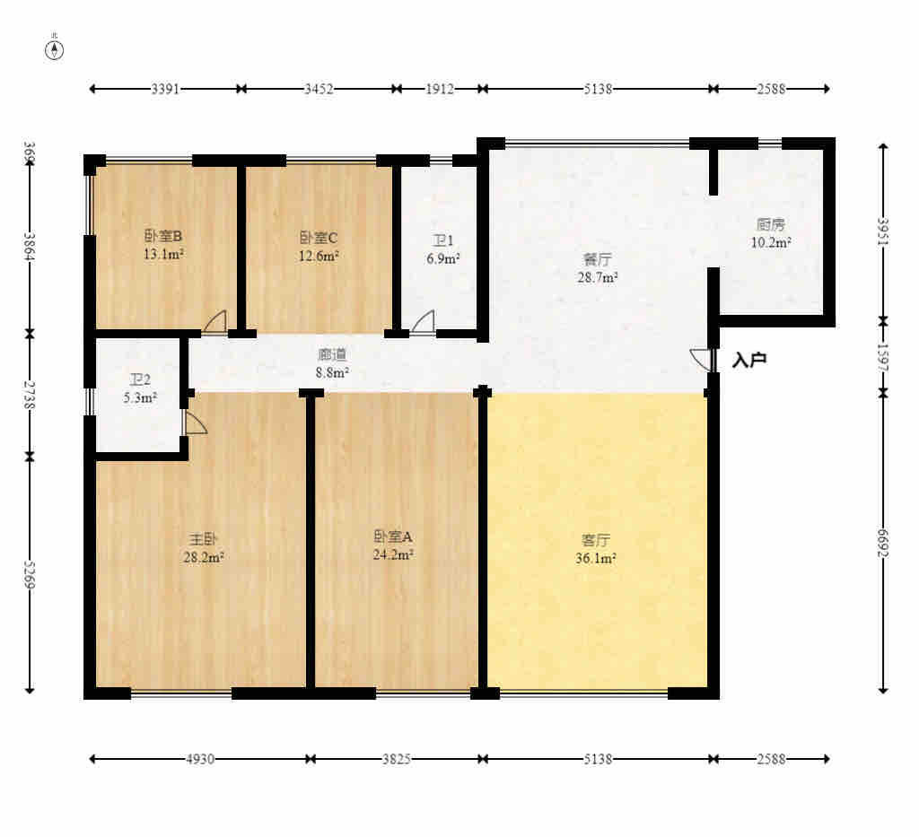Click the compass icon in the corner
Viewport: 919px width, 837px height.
tap(55, 49)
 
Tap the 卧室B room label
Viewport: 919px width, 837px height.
tap(163, 237)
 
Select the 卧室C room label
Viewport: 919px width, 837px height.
tap(319, 238)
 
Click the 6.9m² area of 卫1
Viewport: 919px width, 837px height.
tap(443, 258)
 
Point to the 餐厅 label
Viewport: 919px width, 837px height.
tap(598, 259)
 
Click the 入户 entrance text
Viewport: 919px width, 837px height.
tap(749, 361)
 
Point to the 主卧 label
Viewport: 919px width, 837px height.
tap(203, 538)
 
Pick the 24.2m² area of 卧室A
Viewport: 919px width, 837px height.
tap(393, 554)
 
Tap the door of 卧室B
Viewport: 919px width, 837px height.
tap(215, 322)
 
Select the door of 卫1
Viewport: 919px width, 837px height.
tap(423, 322)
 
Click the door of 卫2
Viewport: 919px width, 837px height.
tap(195, 423)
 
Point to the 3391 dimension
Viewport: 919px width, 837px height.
tap(165, 89)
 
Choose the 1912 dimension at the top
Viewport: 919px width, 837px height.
tap(440, 89)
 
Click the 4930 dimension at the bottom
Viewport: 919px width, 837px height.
tap(200, 759)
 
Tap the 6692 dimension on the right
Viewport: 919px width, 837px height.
tap(883, 542)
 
